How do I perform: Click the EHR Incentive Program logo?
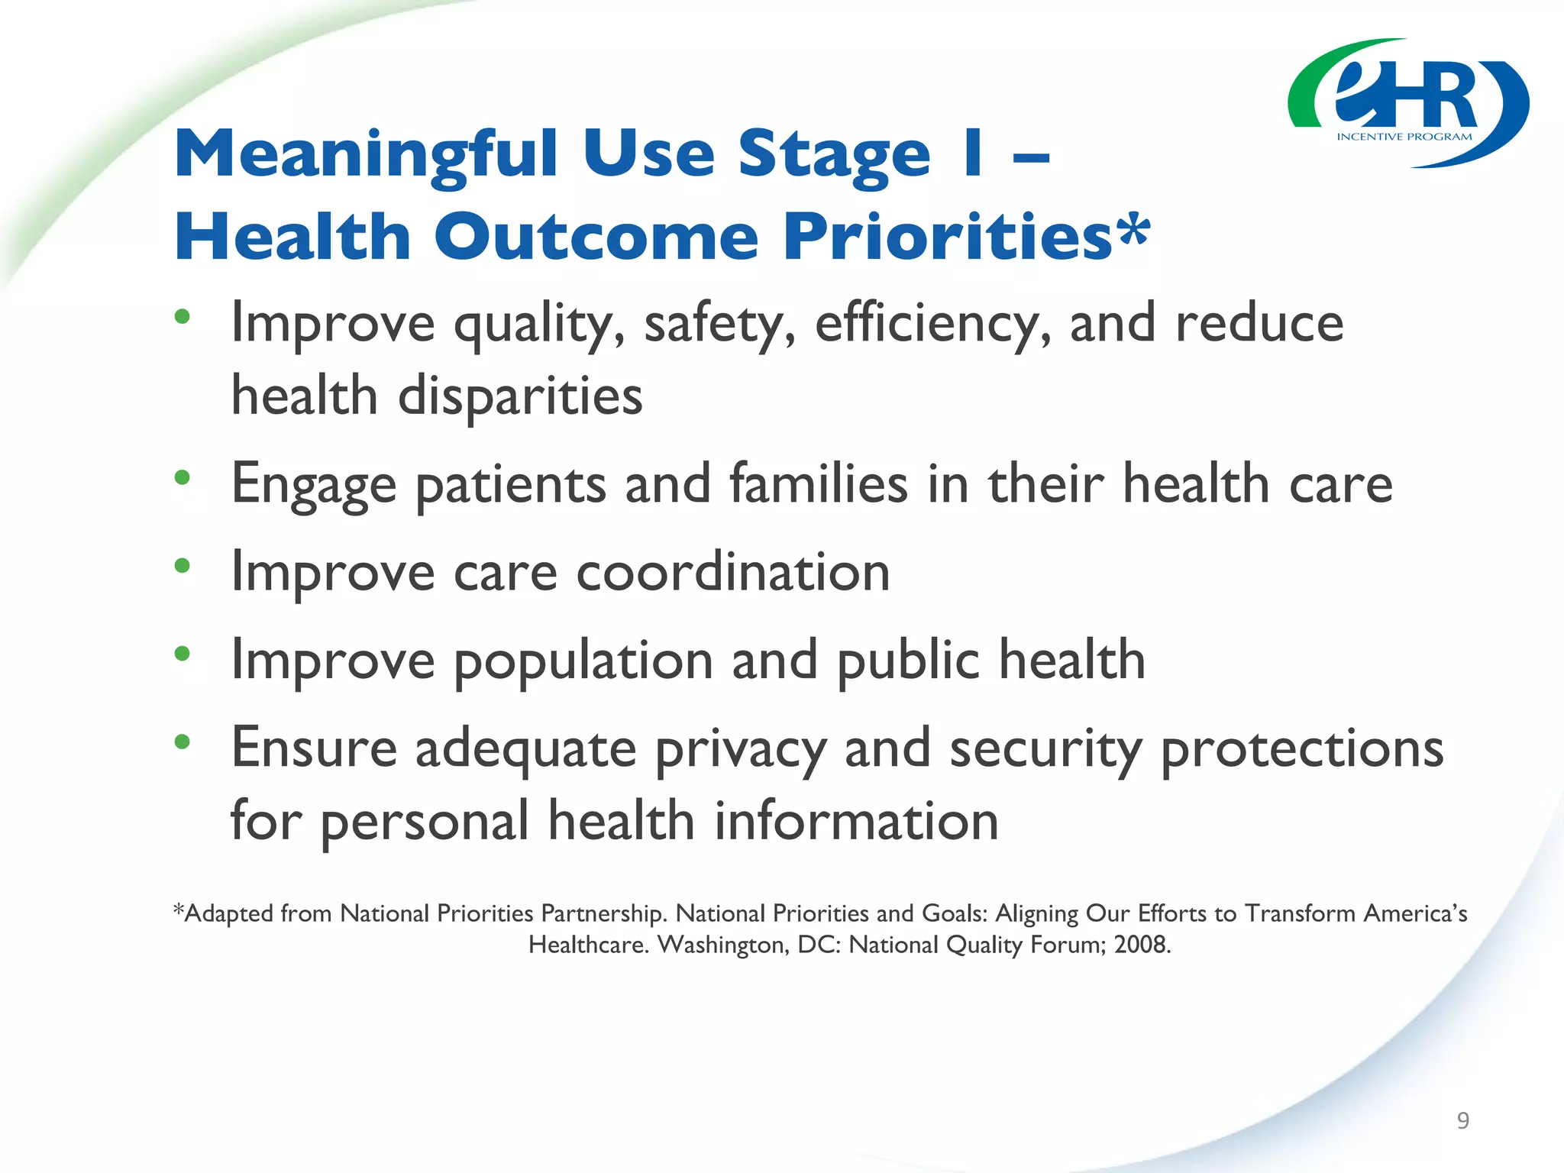point(1407,103)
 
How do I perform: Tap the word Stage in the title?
point(834,155)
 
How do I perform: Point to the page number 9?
point(1462,1120)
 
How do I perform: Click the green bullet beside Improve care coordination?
point(182,566)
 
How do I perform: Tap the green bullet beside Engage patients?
point(182,478)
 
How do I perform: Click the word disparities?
point(520,396)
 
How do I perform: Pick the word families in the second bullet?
point(819,484)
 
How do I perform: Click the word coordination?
point(732,572)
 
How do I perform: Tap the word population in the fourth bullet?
point(583,660)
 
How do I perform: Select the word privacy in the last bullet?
point(741,748)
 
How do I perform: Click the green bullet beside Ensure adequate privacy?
point(182,742)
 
